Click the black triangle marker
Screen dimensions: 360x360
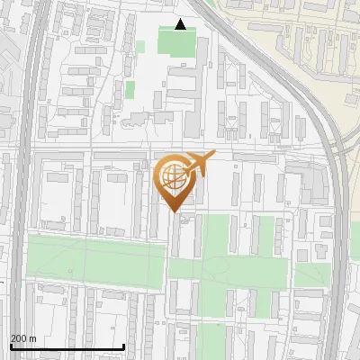[181, 24]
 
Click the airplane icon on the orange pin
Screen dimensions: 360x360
[200, 163]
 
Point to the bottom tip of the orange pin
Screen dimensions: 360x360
[175, 212]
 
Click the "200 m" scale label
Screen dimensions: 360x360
[23, 338]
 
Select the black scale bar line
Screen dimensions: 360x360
[67, 346]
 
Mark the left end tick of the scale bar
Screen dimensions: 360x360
[10, 346]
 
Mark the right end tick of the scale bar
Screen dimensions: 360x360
[123, 346]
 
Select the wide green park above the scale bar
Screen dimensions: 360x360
[94, 259]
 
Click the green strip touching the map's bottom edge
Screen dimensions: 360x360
[211, 342]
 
